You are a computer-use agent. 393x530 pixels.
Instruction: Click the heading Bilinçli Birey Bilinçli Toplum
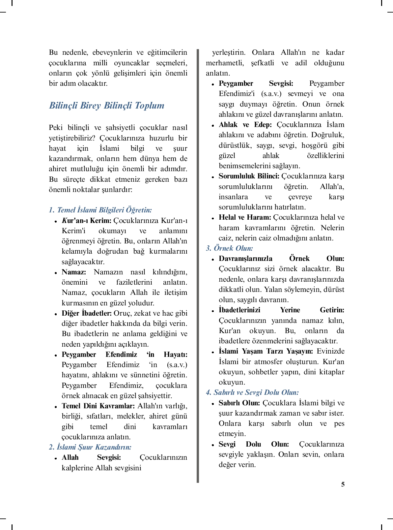106,106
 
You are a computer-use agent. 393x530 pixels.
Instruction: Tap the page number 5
343,484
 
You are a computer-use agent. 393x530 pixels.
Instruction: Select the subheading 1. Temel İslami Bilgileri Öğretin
100,210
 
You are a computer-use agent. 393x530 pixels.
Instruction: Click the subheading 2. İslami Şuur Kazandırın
90,447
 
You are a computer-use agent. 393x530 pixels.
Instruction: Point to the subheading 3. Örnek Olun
229,248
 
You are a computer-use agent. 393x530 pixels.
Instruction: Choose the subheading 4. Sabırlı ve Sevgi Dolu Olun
252,392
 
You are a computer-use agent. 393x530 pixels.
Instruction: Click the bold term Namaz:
74,272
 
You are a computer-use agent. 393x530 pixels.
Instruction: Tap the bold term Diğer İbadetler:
87,313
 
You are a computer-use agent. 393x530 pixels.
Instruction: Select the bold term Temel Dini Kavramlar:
98,406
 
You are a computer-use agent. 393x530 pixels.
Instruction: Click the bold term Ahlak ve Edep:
245,125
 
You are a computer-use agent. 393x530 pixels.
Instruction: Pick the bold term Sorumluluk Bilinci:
249,176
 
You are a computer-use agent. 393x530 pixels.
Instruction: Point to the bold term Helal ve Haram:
245,217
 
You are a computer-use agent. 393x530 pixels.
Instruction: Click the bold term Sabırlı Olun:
239,403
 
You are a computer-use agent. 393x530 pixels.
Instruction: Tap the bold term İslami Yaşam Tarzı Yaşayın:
266,351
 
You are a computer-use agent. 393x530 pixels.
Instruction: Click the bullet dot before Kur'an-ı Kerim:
56,221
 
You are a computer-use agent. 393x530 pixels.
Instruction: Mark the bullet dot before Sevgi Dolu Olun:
213,445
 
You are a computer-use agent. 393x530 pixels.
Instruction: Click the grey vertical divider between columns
198,264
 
